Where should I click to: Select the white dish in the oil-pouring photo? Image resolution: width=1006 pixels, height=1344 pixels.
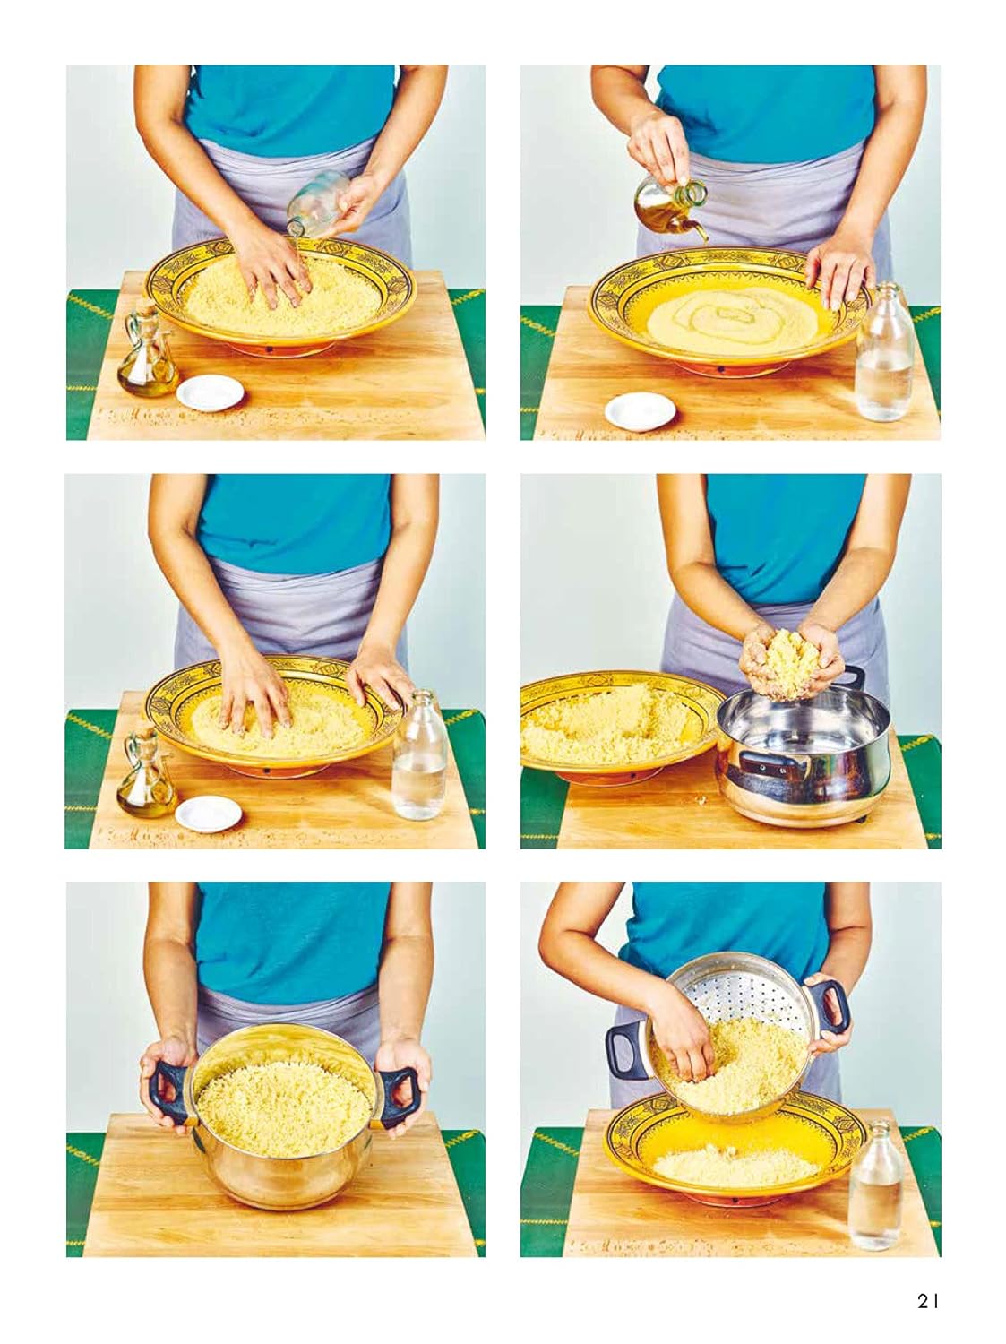click(641, 411)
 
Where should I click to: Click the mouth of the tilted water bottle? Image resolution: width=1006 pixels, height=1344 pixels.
click(295, 230)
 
